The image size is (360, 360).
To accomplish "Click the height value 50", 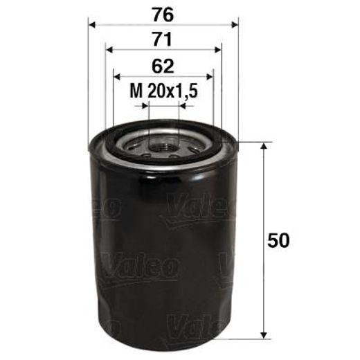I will pos(278,241).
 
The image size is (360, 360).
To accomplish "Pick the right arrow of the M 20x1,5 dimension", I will pos(181,106).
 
